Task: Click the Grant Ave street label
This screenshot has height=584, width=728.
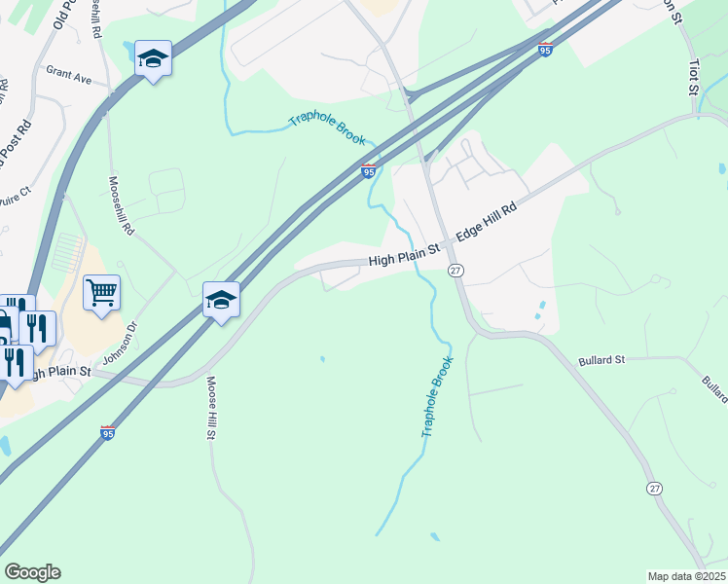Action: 68,75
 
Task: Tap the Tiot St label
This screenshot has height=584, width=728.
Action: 694,77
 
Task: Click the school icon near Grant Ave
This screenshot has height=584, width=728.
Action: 153,58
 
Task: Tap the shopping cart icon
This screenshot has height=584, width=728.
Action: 101,291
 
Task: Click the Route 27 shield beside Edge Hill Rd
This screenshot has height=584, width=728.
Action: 455,271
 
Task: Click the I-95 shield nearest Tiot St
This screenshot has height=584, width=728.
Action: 545,50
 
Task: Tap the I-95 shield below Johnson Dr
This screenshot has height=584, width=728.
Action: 107,433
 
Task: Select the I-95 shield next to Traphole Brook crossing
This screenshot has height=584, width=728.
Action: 368,171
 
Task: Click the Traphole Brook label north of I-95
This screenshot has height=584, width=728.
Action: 327,130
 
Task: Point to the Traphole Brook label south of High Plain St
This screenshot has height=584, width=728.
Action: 438,396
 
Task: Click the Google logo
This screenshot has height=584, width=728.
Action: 32,572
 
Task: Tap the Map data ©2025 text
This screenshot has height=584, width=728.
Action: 685,575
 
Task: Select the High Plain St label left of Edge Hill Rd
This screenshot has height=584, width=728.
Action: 405,256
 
